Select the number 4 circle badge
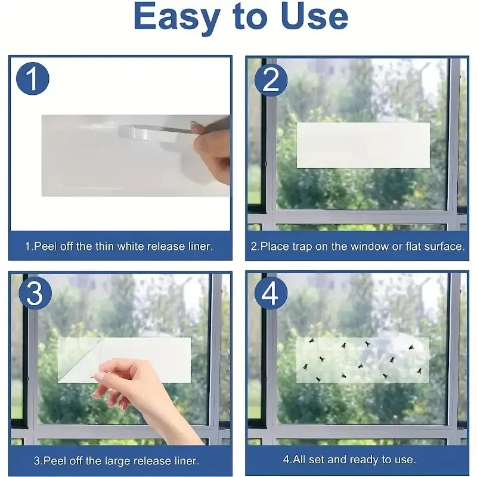click(271, 294)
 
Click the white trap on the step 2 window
click(363, 145)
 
